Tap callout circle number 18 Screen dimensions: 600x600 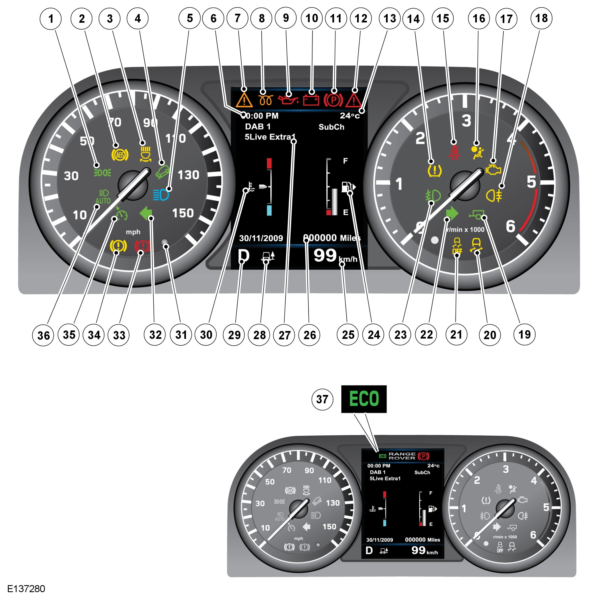pos(541,18)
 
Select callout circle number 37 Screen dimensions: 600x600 pos(322,399)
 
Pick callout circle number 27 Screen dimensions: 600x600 pos(284,335)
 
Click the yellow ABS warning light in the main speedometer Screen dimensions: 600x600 pos(119,155)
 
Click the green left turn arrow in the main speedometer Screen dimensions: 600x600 pos(145,214)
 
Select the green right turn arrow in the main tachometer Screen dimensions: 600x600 pos(452,213)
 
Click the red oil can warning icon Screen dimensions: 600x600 pos(288,99)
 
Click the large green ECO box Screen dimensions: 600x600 pos(364,399)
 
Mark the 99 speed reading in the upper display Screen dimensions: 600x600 pos(325,256)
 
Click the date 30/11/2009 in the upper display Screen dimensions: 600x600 pos(261,238)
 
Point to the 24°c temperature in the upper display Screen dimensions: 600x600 pos(350,116)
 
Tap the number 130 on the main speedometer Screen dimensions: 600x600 pos(188,175)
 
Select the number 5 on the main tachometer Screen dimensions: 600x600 pos(531,182)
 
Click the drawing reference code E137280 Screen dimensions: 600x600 pos(26,588)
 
